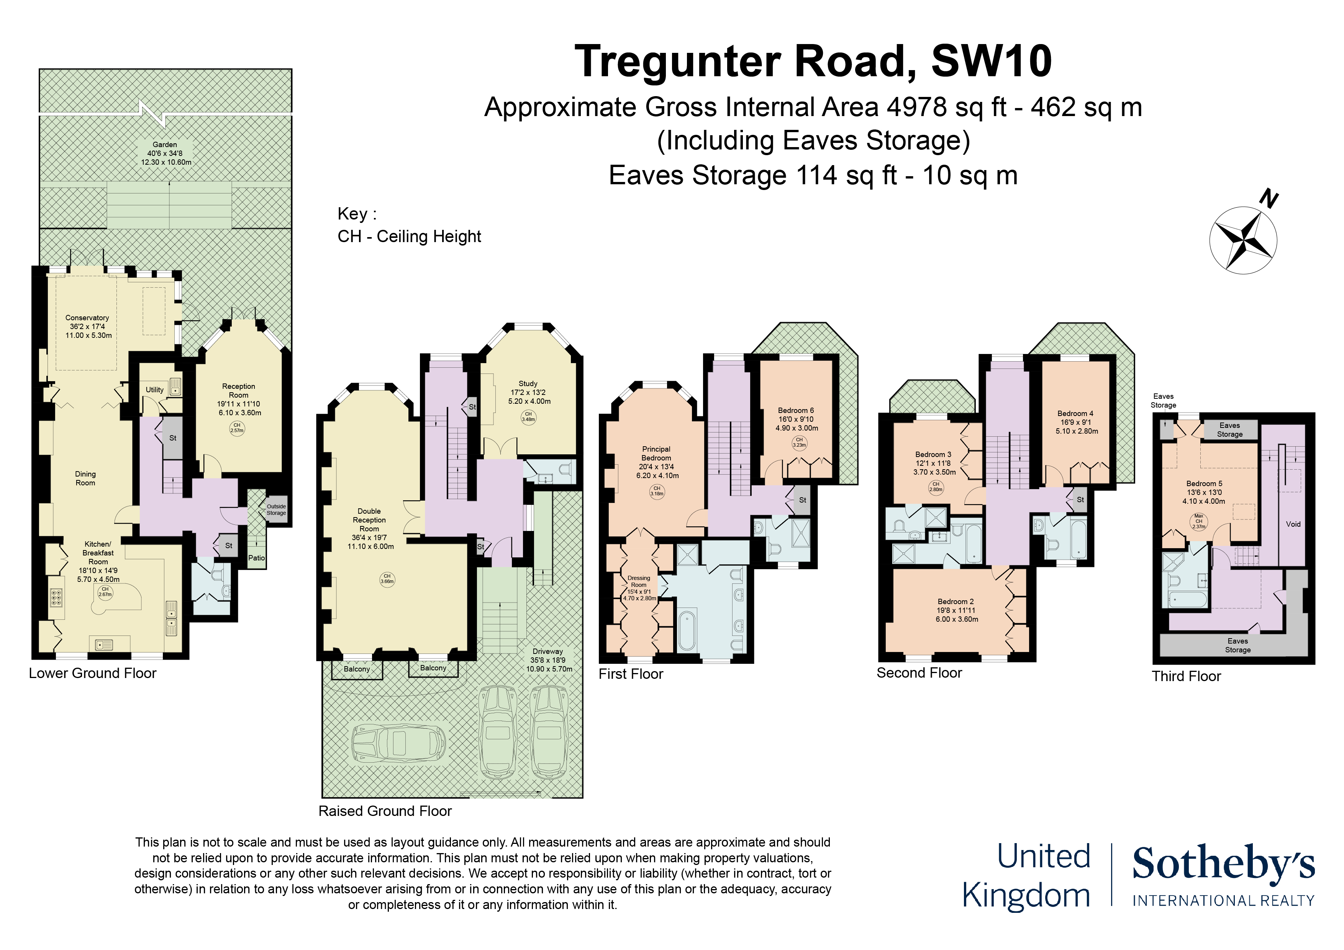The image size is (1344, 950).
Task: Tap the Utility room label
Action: pos(154,390)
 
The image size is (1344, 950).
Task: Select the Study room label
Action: pos(528,383)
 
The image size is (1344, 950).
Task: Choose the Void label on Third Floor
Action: pos(1293,524)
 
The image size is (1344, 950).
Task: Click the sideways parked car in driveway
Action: pos(398,744)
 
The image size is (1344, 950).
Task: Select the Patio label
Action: pos(256,558)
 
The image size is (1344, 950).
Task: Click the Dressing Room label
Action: pos(639,581)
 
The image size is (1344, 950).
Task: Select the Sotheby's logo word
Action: pos(1223,865)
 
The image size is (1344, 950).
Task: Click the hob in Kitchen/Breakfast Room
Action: pos(57,597)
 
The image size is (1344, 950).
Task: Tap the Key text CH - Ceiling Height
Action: pos(409,236)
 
